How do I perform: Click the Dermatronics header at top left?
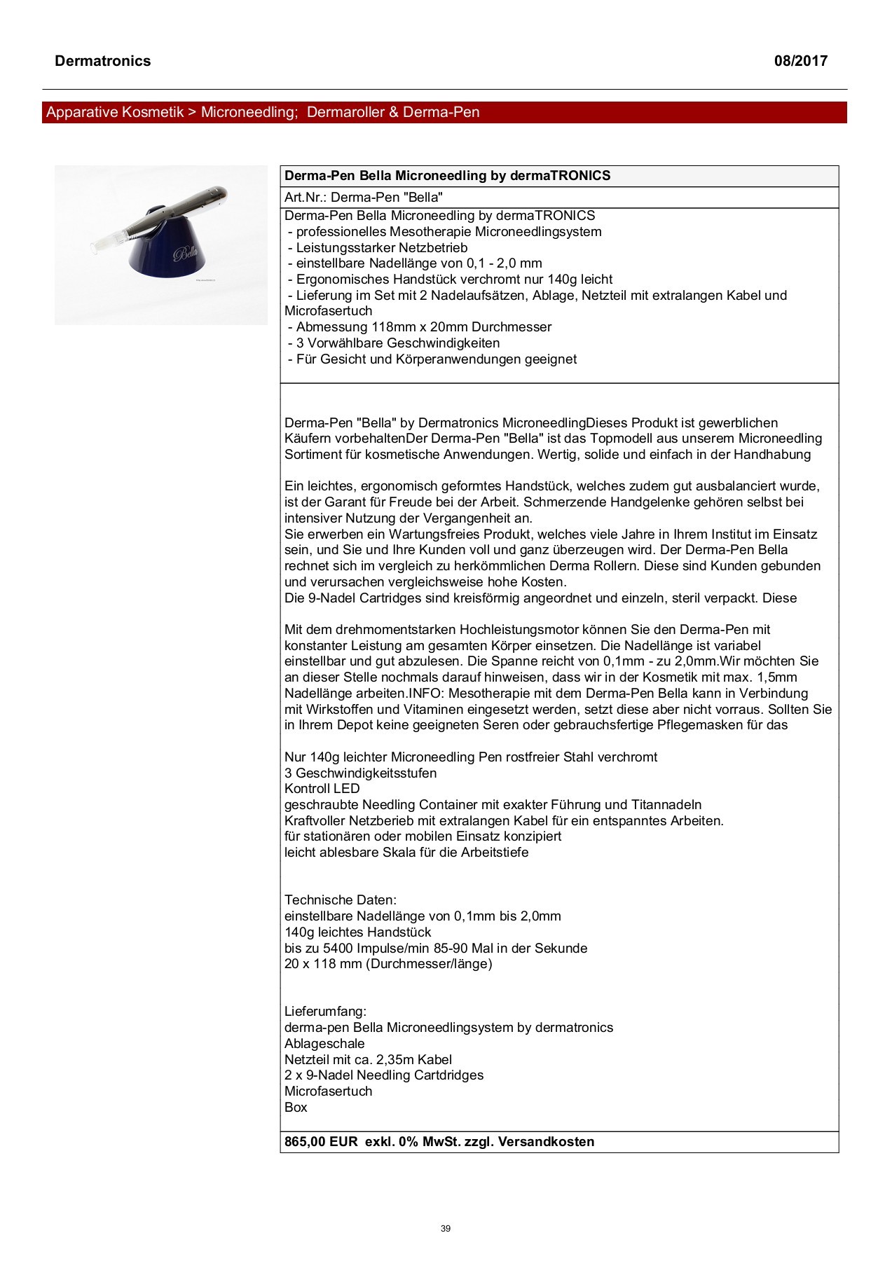click(102, 61)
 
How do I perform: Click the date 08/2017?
click(800, 61)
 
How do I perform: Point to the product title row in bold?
click(447, 176)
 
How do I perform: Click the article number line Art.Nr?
click(363, 198)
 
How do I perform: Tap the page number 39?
click(446, 1228)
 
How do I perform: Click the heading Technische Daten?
click(341, 900)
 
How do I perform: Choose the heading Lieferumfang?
click(325, 1011)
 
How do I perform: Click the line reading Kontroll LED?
click(322, 788)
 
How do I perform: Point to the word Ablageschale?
click(324, 1043)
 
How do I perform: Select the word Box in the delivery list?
click(296, 1107)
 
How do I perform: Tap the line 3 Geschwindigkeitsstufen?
click(360, 773)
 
